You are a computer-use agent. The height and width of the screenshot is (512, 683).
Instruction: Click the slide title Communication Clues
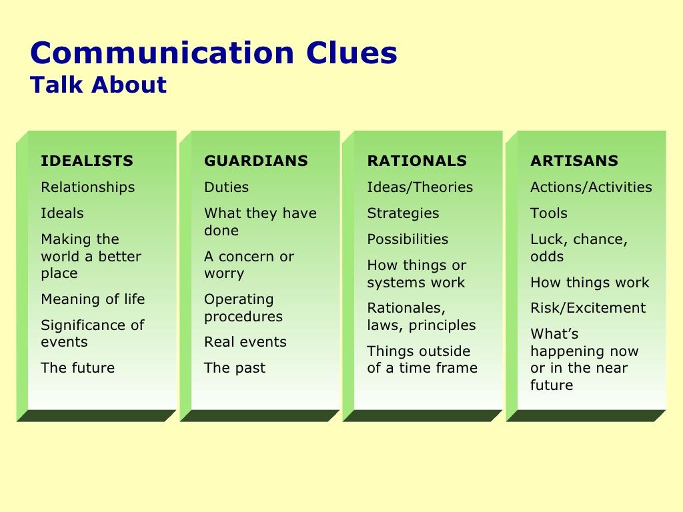pyautogui.click(x=213, y=53)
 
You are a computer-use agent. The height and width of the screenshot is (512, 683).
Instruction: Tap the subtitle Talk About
pyautogui.click(x=99, y=85)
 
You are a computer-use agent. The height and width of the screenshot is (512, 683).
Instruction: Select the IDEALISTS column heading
pyautogui.click(x=87, y=161)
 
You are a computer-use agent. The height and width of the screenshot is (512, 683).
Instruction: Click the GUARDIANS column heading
pyautogui.click(x=256, y=161)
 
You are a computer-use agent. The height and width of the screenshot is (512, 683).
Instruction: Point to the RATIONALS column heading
pyautogui.click(x=417, y=161)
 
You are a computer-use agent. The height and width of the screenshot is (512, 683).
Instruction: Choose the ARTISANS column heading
pyautogui.click(x=574, y=161)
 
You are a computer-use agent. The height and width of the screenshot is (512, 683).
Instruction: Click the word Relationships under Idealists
pyautogui.click(x=88, y=187)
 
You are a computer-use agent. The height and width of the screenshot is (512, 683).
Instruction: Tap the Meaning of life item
pyautogui.click(x=93, y=299)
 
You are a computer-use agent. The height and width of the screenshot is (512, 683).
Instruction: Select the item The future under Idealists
pyautogui.click(x=78, y=368)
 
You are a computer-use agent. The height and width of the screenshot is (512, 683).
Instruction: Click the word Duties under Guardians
pyautogui.click(x=227, y=187)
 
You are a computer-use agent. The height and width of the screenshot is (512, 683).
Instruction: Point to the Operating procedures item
pyautogui.click(x=243, y=308)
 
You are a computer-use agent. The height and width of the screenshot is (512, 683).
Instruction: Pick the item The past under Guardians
pyautogui.click(x=235, y=368)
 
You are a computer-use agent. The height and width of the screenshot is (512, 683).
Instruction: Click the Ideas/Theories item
pyautogui.click(x=420, y=187)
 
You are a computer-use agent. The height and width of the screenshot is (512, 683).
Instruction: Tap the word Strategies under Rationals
pyautogui.click(x=403, y=213)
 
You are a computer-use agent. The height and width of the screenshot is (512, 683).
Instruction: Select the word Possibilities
pyautogui.click(x=408, y=239)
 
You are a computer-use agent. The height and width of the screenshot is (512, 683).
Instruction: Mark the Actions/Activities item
pyautogui.click(x=591, y=187)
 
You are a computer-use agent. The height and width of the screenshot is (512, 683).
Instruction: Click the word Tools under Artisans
pyautogui.click(x=549, y=213)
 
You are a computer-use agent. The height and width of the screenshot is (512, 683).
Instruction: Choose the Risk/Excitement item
pyautogui.click(x=588, y=308)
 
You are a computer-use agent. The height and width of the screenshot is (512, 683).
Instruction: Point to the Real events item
pyautogui.click(x=245, y=342)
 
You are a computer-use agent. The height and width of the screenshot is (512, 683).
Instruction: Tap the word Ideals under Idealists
pyautogui.click(x=62, y=213)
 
